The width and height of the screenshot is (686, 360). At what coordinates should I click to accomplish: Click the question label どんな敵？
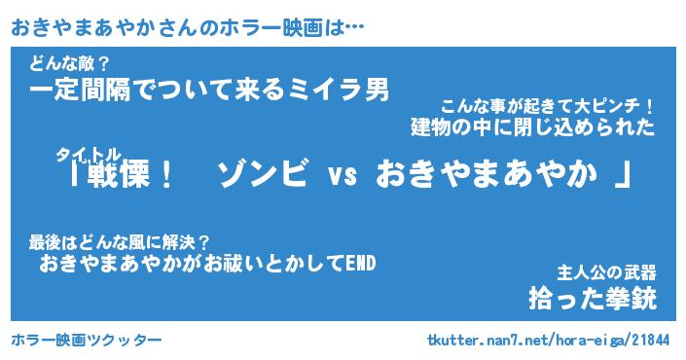click(x=69, y=65)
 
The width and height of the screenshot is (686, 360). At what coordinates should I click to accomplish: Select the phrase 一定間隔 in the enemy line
click(x=80, y=90)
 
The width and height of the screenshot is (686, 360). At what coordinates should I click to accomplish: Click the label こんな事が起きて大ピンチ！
click(x=547, y=107)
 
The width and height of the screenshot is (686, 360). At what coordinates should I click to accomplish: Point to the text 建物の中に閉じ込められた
click(x=532, y=127)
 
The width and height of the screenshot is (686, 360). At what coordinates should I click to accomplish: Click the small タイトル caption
click(x=88, y=155)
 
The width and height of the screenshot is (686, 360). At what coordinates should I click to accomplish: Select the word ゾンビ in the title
click(x=262, y=173)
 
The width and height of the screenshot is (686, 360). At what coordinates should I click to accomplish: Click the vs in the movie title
click(x=343, y=175)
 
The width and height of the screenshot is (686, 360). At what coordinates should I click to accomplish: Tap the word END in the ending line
click(x=360, y=264)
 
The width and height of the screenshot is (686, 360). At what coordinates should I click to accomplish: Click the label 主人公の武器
click(x=607, y=273)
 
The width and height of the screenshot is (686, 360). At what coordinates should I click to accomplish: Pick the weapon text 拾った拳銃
click(x=593, y=299)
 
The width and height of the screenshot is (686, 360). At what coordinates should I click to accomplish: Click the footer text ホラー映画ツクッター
click(x=87, y=340)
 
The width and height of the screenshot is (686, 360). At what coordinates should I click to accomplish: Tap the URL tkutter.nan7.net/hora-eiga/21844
click(x=548, y=340)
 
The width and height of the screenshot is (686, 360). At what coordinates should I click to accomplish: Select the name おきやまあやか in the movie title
click(x=487, y=173)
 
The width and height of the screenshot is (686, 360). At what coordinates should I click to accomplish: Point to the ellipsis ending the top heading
click(x=354, y=28)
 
